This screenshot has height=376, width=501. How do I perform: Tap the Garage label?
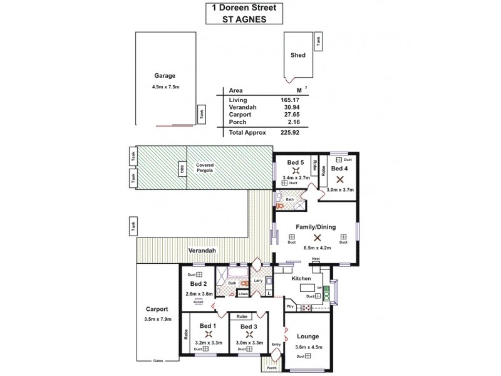[165, 75]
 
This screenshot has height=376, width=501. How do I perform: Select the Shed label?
[298, 55]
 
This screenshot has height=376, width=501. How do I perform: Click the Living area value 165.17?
[291, 100]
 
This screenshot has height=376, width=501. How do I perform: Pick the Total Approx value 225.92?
[291, 132]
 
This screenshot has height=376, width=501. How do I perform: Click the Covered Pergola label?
[204, 167]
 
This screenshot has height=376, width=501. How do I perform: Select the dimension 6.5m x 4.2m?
[317, 248]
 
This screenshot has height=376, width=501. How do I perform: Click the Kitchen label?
[302, 278]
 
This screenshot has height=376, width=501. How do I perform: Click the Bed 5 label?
[296, 162]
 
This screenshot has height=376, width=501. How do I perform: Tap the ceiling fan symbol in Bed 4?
[339, 179]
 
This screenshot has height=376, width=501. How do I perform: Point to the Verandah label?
[202, 251]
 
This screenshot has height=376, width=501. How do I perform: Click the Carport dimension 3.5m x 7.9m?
[157, 319]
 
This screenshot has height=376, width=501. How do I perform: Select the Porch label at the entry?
[272, 368]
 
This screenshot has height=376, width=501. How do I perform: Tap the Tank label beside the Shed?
[319, 42]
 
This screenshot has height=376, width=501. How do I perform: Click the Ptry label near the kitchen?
[290, 306]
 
